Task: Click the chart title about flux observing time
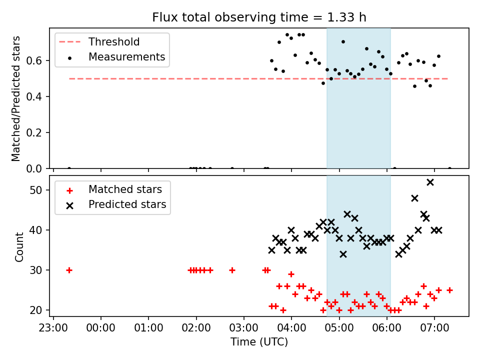tap(259, 17)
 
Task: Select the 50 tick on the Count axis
tap(35, 190)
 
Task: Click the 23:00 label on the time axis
tap(53, 328)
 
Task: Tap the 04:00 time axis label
tap(291, 328)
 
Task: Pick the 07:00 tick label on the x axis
tap(434, 328)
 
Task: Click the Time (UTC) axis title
tap(259, 341)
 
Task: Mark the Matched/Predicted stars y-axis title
tap(15, 98)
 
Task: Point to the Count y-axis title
tap(19, 247)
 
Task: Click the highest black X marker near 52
tap(430, 182)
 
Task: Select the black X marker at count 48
tap(414, 198)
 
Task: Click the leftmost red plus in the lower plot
tap(69, 270)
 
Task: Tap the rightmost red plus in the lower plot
tap(449, 290)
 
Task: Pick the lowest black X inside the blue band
tap(343, 254)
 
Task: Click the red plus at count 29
tap(291, 274)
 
